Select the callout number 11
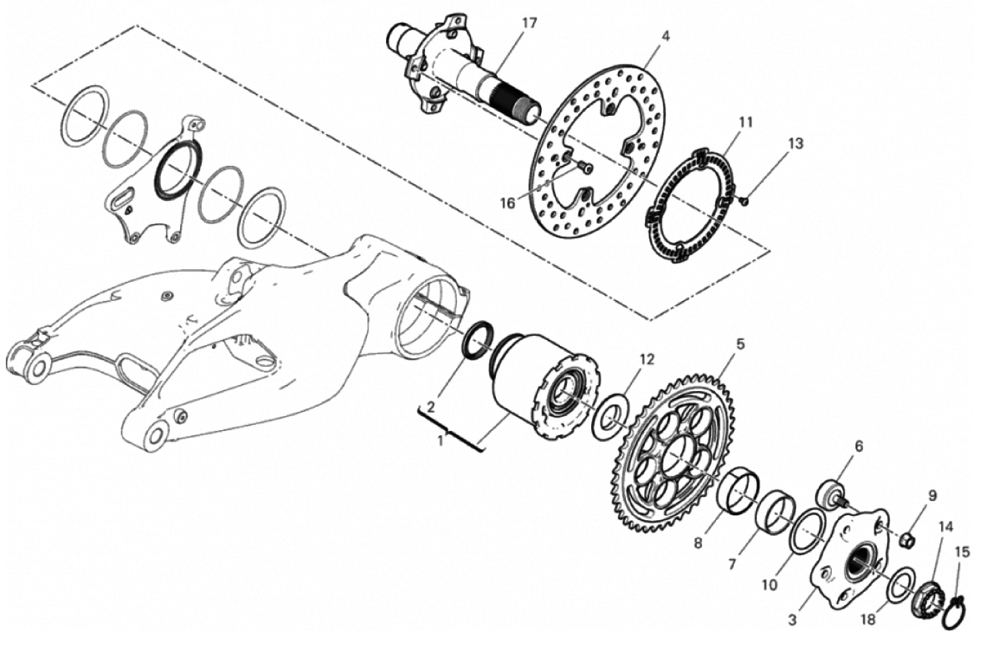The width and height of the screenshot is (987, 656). tap(746, 122)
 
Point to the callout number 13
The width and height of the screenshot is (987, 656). tap(795, 143)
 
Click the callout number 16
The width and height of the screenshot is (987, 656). tap(508, 203)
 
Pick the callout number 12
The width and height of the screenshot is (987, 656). tap(647, 359)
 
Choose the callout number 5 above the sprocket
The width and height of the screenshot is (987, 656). tap(740, 344)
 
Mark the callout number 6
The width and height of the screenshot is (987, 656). tap(859, 446)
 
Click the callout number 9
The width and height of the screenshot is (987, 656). tap(932, 495)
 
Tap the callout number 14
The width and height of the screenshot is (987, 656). tap(946, 526)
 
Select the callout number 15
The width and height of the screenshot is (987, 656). tap(963, 552)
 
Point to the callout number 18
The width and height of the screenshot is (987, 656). tap(868, 620)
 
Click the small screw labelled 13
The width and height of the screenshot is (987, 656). tap(744, 201)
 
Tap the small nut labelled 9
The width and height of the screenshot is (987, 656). tap(906, 539)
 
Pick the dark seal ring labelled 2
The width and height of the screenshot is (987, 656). tap(476, 340)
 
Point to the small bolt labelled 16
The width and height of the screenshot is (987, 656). tap(584, 167)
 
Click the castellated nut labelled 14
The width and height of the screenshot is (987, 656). tap(928, 595)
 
